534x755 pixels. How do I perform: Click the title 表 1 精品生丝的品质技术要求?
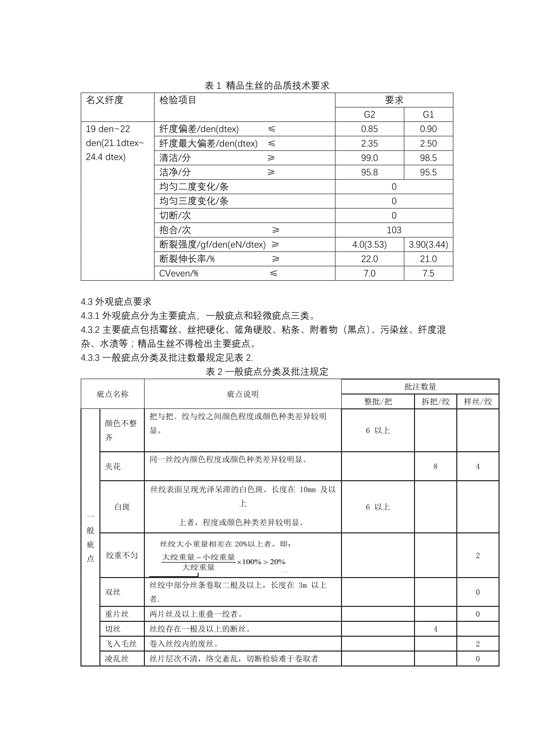coord(267,85)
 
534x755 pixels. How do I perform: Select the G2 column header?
coord(369,114)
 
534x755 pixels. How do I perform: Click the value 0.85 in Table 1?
coord(369,129)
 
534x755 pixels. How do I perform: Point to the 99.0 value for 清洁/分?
coord(369,158)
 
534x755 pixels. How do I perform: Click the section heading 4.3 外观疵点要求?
coord(116,302)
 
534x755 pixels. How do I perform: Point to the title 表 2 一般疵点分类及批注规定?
coord(267,371)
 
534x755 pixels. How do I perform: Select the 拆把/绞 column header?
coord(435,402)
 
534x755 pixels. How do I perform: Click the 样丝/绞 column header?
coord(478,402)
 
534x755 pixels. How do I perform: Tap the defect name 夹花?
coord(113,466)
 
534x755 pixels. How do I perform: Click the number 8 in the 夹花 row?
coord(435,466)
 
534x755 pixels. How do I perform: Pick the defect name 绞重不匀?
coord(122,555)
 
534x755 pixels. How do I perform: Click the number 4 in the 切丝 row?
coord(435,629)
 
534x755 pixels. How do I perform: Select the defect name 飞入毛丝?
coord(121,644)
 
